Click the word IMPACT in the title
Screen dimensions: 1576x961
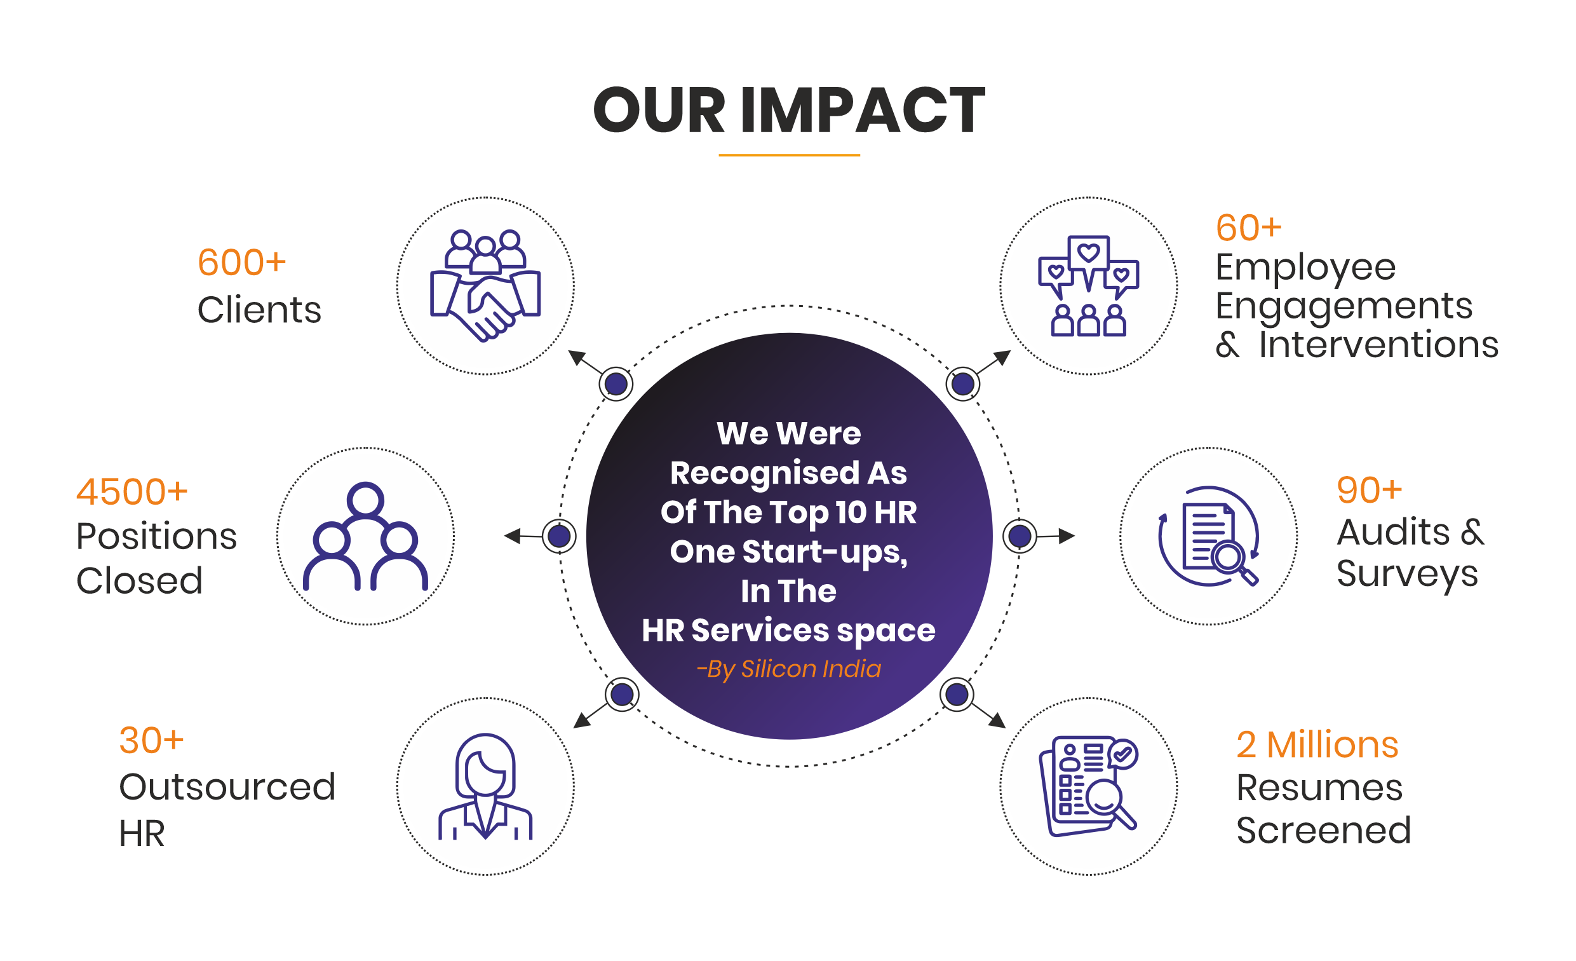(863, 110)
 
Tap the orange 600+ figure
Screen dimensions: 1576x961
(241, 263)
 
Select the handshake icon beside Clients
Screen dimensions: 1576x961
(485, 285)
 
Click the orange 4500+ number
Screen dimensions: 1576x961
(131, 492)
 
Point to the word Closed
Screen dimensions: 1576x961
(140, 581)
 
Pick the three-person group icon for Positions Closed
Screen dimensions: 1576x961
(365, 536)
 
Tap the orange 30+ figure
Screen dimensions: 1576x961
(152, 741)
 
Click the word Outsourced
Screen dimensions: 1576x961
(227, 786)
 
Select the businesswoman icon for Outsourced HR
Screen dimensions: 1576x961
(485, 786)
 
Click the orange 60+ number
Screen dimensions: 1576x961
(1248, 228)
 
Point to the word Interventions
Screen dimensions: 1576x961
(1378, 345)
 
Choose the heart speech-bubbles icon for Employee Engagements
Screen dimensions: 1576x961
(1088, 285)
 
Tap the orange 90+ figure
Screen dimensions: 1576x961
(1369, 491)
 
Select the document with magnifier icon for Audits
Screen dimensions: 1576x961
(1208, 536)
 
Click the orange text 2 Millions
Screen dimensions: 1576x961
(1317, 745)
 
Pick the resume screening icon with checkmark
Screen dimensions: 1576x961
(1088, 786)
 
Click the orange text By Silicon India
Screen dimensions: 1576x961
(789, 669)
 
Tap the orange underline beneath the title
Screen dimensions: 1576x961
(789, 155)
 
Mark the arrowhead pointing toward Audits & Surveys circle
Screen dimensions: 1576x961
(1067, 536)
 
